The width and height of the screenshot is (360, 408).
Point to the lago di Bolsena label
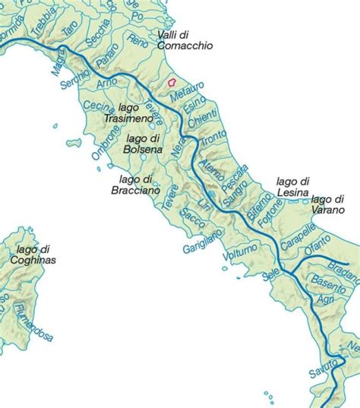pyautogui.click(x=141, y=144)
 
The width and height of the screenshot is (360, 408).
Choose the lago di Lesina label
pyautogui.click(x=292, y=187)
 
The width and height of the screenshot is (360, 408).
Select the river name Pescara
pyautogui.click(x=233, y=179)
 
